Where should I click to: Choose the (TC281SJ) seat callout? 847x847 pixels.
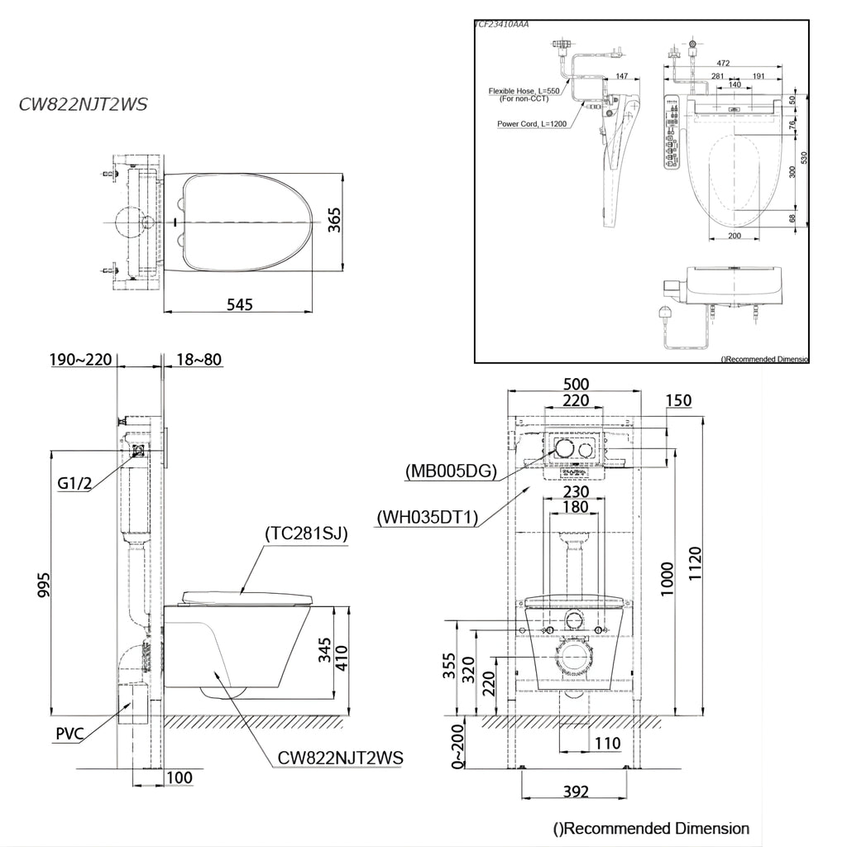tap(305, 534)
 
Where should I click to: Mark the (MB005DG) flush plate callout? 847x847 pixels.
tap(451, 471)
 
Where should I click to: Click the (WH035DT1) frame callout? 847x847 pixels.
tap(428, 518)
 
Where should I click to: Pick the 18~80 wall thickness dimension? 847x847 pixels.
tap(199, 360)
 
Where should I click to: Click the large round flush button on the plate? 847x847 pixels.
tap(564, 449)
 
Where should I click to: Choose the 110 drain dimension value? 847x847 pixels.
tap(607, 744)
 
